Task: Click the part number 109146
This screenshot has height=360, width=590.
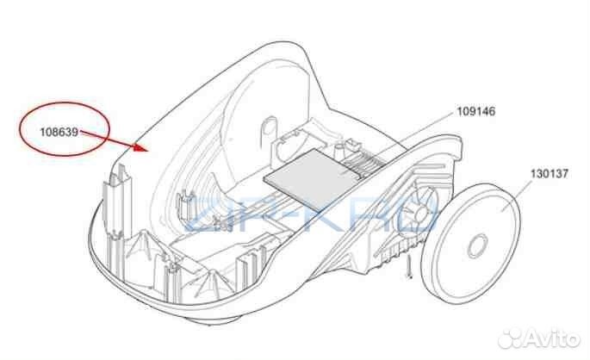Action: [x=476, y=112]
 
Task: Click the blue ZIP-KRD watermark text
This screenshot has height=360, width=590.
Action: [x=310, y=214]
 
